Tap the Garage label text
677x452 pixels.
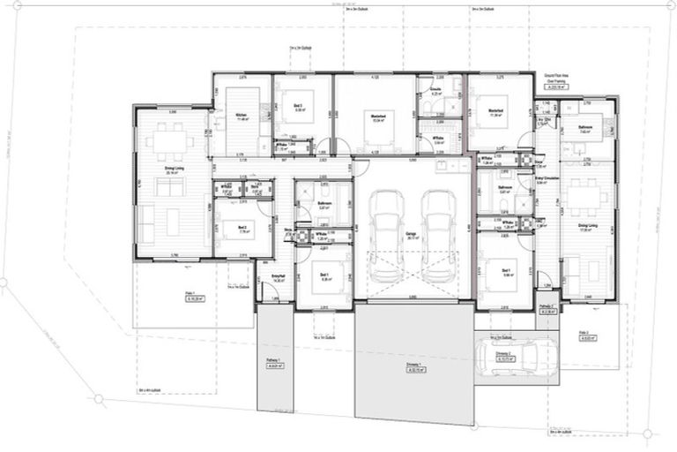(x=411, y=234)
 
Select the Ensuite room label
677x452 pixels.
(x=435, y=91)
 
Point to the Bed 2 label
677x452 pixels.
(x=242, y=227)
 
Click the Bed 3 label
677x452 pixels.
(x=300, y=107)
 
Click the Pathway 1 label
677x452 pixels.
(x=272, y=362)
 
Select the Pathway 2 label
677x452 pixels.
(x=547, y=309)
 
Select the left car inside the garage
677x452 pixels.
(x=385, y=234)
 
